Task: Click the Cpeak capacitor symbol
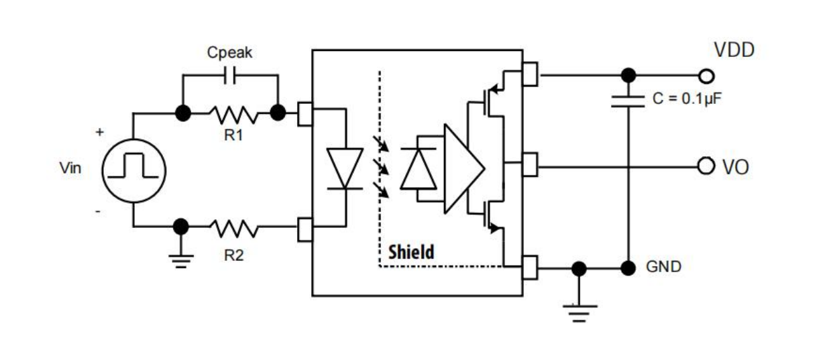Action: (x=229, y=76)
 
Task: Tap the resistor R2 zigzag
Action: (x=232, y=229)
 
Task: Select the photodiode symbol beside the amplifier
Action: (x=418, y=168)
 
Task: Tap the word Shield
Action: (x=411, y=253)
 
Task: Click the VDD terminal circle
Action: (x=706, y=76)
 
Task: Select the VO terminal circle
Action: (x=706, y=165)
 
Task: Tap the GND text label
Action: (x=663, y=267)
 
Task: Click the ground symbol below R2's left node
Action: (x=180, y=258)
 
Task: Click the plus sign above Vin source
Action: (x=100, y=133)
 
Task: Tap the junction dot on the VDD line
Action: (x=628, y=74)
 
